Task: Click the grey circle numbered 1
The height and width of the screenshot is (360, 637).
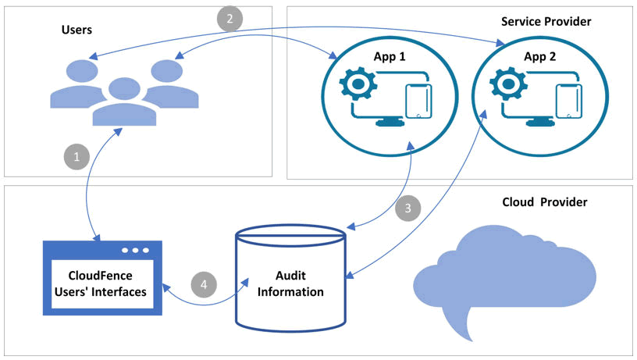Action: [x=77, y=157]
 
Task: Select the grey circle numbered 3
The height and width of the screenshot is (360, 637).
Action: [x=408, y=209]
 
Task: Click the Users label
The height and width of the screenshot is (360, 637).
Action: [x=77, y=30]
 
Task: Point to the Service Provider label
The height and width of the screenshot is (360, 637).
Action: [x=546, y=21]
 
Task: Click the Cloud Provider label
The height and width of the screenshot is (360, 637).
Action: [x=544, y=202]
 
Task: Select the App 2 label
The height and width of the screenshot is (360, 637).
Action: [x=539, y=56]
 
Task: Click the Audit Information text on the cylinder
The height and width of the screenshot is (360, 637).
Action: [x=289, y=284]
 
